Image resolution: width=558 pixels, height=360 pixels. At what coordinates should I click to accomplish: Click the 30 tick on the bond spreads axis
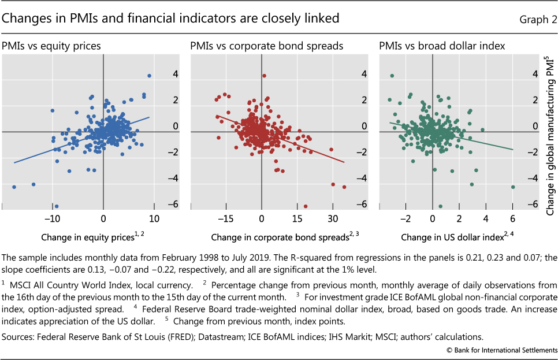[332, 220]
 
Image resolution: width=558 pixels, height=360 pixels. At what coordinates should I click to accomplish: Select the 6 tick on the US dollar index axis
[512, 220]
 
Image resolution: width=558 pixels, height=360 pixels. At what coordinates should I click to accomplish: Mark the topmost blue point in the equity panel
[149, 76]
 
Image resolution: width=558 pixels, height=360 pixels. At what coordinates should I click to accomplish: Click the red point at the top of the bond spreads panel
[264, 76]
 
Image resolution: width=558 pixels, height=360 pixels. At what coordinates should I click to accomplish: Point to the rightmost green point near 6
[513, 187]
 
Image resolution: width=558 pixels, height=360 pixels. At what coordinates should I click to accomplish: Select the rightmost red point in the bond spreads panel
[344, 187]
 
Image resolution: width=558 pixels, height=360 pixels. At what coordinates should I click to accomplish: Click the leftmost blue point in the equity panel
[14, 187]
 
